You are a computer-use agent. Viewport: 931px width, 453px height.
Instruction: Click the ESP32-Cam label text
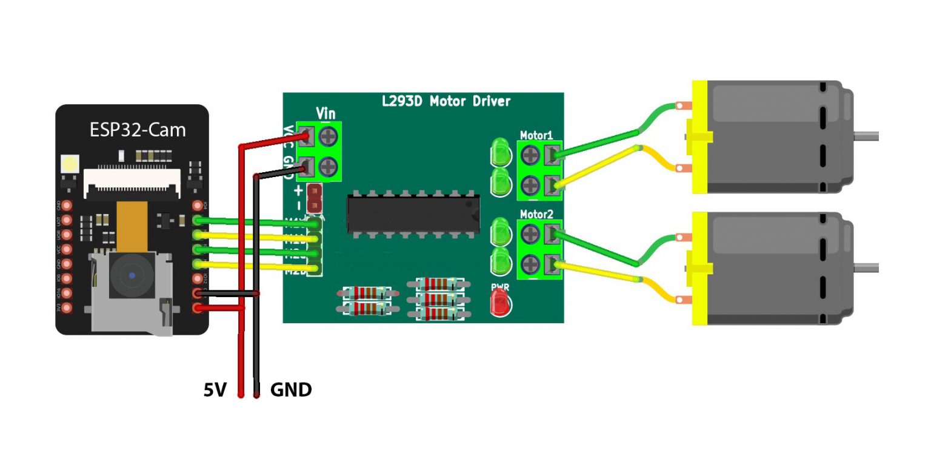coord(138,130)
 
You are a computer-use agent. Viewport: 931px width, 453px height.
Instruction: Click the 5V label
coord(215,390)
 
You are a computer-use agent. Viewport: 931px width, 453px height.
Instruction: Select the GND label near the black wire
coord(291,390)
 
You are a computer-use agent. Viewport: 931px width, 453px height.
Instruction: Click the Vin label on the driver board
coord(325,113)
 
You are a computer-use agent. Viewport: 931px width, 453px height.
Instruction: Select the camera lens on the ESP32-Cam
coord(132,277)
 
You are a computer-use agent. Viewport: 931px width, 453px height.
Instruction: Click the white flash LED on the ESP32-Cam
coord(70,164)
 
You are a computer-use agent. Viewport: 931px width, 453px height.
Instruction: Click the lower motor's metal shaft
coord(866,267)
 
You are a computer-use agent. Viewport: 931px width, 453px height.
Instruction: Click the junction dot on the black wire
coord(257,295)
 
